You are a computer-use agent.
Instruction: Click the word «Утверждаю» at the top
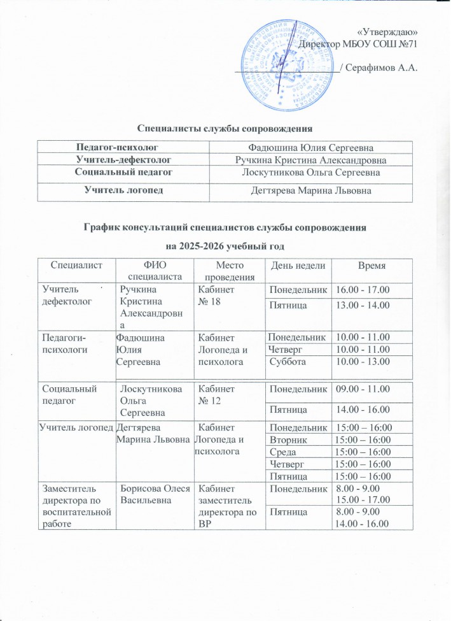(387, 32)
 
